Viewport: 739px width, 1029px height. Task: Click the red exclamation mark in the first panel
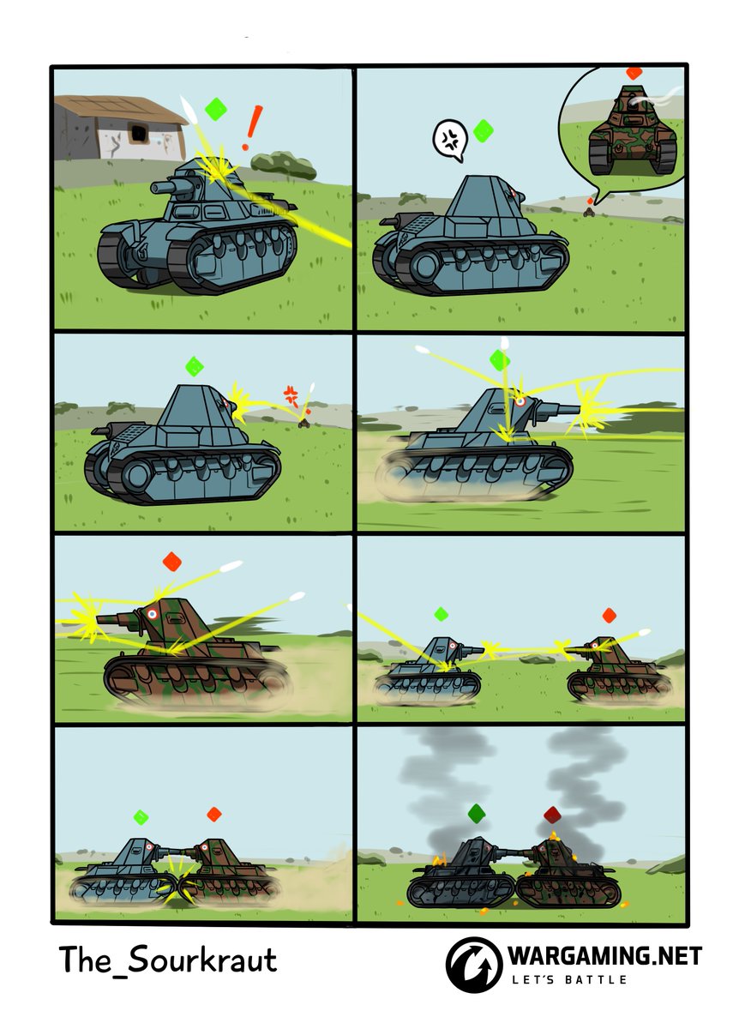[252, 127]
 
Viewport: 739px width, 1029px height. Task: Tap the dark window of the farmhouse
[137, 133]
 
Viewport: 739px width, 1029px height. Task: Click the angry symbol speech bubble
[449, 140]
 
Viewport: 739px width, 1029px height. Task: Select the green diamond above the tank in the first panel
[215, 109]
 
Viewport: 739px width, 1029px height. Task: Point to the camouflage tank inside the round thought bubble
[633, 130]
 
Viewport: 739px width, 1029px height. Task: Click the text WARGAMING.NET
[605, 956]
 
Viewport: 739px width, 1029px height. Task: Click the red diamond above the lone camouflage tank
[171, 562]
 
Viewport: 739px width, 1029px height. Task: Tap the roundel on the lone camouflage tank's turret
[152, 613]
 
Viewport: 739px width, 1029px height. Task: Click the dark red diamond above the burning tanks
[552, 815]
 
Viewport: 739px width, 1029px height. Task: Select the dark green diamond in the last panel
[477, 813]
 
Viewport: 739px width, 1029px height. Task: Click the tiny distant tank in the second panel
[589, 212]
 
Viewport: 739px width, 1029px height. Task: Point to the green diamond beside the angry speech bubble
[484, 131]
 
